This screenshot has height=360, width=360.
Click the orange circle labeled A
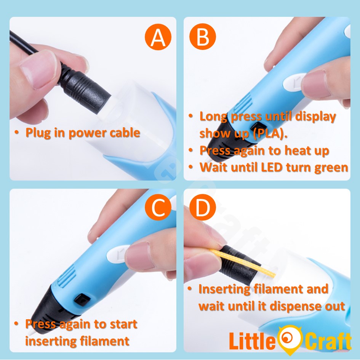click(x=158, y=37)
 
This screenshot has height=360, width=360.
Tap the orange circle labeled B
click(x=203, y=37)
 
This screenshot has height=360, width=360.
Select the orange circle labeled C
click(x=158, y=207)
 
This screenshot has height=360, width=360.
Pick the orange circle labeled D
click(x=203, y=207)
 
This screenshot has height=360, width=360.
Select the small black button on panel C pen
click(x=82, y=299)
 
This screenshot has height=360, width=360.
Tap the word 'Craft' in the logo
click(x=328, y=342)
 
